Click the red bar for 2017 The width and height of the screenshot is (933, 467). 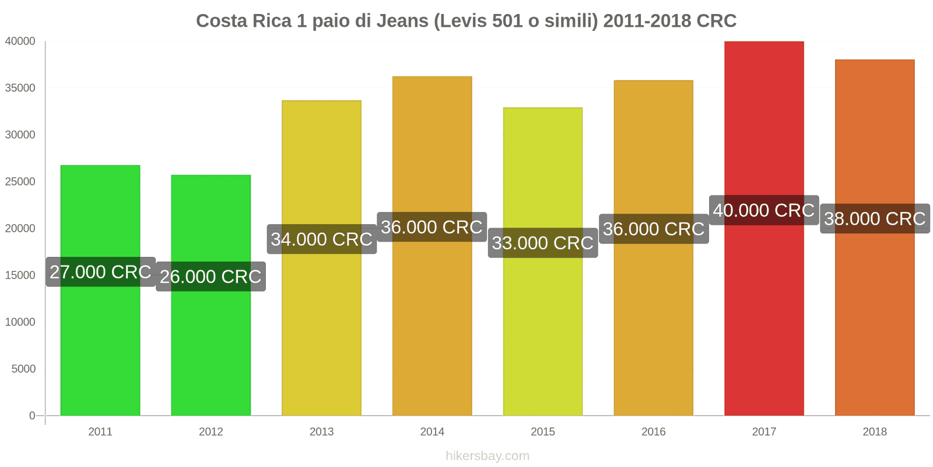(764, 321)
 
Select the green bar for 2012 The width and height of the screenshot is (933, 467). (211, 350)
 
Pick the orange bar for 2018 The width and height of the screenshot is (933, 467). (875, 327)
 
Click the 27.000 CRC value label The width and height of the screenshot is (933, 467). (100, 272)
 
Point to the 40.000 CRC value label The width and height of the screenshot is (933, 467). (764, 210)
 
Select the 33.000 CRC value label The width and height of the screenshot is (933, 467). (543, 243)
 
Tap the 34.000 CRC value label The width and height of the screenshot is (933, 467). (321, 239)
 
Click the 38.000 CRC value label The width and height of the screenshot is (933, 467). (875, 219)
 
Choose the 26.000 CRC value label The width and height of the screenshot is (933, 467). (211, 277)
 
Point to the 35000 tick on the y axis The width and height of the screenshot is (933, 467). (20, 88)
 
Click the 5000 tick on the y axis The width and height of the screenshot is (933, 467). (23, 369)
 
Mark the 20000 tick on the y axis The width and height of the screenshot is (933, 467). (20, 228)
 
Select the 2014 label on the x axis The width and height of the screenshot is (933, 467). (432, 432)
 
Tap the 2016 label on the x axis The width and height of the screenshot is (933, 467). (653, 432)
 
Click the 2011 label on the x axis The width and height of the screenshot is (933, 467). (100, 432)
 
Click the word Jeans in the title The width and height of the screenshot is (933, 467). (402, 21)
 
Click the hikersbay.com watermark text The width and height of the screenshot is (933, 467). (487, 456)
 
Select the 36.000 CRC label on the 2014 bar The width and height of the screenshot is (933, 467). (432, 227)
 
